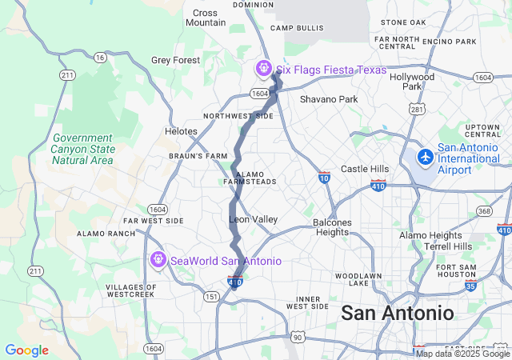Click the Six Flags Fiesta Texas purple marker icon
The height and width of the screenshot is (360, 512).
[x=262, y=70]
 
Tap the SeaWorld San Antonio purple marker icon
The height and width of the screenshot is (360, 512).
[x=158, y=260]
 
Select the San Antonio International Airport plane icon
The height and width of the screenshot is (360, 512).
[x=425, y=155]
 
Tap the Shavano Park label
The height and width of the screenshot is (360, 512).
[x=329, y=99]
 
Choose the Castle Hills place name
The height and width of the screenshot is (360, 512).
[x=365, y=169]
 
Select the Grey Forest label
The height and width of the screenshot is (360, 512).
[x=175, y=60]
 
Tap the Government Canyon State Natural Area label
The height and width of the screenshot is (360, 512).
[x=82, y=149]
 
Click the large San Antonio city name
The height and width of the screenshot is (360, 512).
[x=397, y=313]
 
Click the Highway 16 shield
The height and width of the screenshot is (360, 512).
[x=99, y=58]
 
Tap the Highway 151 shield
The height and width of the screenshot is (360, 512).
[x=211, y=296]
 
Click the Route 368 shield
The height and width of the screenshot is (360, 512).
[x=483, y=211]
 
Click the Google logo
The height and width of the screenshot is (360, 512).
[x=26, y=350]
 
